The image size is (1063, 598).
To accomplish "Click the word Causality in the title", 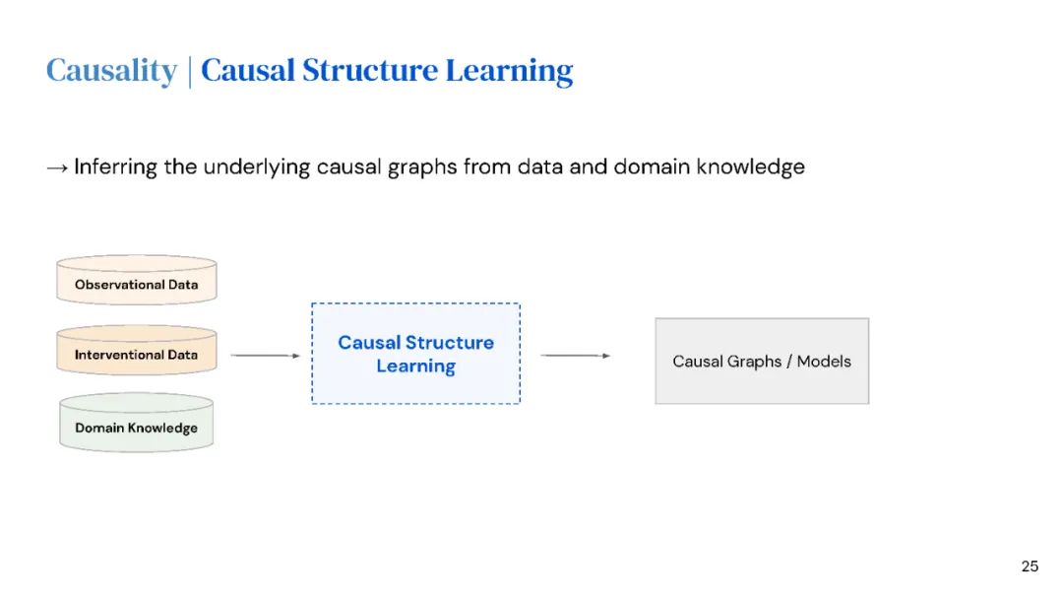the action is (110, 71).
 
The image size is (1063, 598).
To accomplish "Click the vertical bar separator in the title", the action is (189, 71).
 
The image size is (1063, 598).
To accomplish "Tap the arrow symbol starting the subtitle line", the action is (57, 167).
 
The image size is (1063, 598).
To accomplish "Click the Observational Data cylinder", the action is (136, 282).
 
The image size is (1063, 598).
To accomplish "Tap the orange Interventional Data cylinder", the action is (136, 354).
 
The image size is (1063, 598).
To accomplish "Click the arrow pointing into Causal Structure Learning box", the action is (265, 356).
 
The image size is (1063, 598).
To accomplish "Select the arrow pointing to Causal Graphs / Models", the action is (575, 356).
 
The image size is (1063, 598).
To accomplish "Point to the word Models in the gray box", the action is (824, 362).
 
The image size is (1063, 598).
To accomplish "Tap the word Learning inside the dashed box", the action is (415, 366).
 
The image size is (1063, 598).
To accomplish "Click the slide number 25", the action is (1030, 566).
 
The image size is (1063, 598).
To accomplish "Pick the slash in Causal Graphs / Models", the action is (788, 362).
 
